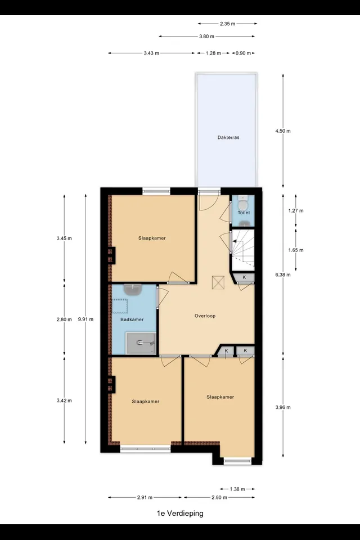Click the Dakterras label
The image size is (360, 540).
[x=228, y=137]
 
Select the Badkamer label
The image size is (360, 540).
[x=132, y=319]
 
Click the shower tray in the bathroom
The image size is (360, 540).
[x=141, y=343]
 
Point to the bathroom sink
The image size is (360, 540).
[x=133, y=290]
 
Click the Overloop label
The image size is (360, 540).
[x=205, y=316]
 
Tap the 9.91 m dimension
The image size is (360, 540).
[x=85, y=319]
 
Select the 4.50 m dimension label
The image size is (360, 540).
[x=283, y=131]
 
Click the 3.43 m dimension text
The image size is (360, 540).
[x=151, y=53]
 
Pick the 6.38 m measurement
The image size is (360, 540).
[x=283, y=275]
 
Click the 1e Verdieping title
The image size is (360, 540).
[x=180, y=514]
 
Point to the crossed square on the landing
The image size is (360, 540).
[x=218, y=283]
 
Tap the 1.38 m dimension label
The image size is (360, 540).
[x=237, y=489]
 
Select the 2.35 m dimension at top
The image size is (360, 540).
[x=227, y=24]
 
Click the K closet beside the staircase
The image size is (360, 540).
[x=244, y=277]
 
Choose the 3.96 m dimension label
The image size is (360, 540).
[x=283, y=407]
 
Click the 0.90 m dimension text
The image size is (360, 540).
[x=243, y=53]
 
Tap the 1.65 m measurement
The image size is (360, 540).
[x=296, y=250]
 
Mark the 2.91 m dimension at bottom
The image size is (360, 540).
[x=145, y=498]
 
